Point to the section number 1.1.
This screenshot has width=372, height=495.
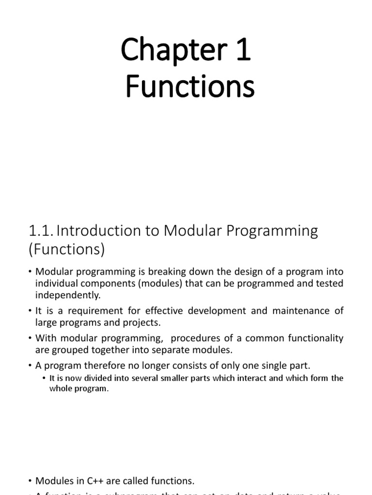(41, 232)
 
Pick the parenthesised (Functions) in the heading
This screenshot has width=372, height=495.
(67, 250)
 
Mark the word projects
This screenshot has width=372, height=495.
(145, 322)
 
